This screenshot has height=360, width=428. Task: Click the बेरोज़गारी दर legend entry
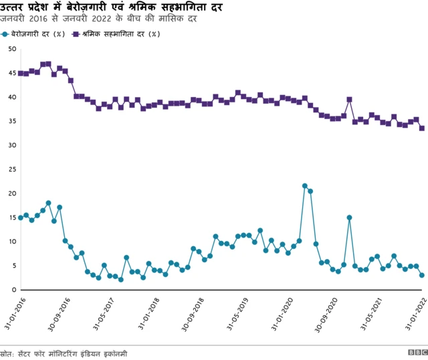click(x=37, y=33)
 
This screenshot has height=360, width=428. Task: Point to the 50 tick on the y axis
click(x=12, y=49)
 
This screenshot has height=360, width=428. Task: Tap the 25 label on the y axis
click(x=12, y=169)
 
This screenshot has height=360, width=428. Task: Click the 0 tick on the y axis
click(x=14, y=290)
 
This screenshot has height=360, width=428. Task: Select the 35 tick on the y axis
click(x=12, y=121)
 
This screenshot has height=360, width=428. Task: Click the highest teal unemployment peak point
click(x=305, y=186)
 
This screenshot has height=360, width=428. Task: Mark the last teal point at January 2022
click(x=422, y=275)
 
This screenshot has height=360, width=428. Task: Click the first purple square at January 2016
click(x=21, y=73)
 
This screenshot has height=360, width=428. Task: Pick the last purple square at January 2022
click(x=422, y=128)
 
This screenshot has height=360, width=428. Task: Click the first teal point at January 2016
click(x=21, y=217)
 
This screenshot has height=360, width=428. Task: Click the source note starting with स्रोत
click(x=64, y=353)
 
